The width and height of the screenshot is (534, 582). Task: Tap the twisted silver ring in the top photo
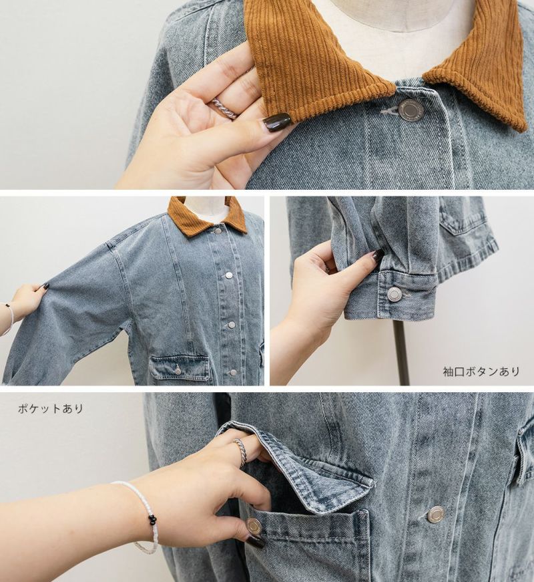(224, 108)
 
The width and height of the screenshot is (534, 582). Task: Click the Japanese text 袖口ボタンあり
(481, 371)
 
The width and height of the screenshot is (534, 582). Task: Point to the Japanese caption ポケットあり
(51, 409)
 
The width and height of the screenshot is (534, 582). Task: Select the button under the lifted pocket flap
(255, 526)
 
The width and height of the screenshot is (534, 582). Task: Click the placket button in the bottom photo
(436, 514)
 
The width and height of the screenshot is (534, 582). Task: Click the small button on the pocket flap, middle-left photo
(178, 370)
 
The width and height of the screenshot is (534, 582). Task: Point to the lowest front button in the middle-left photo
(233, 372)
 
